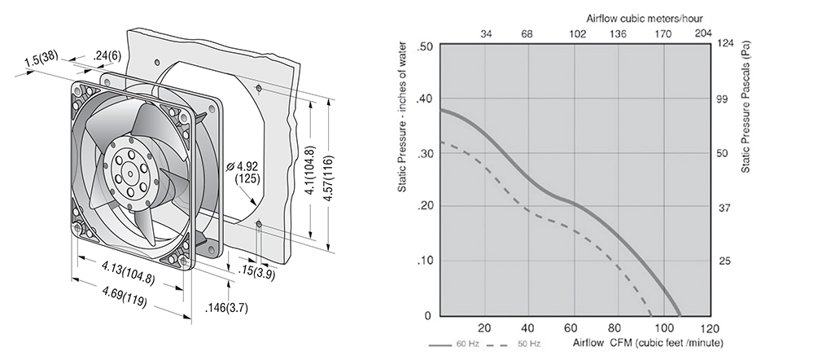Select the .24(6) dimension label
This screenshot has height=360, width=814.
click(107, 55)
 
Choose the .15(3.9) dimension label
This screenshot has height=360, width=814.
click(256, 272)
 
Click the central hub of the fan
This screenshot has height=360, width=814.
click(129, 173)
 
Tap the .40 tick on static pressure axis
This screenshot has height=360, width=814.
click(425, 99)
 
